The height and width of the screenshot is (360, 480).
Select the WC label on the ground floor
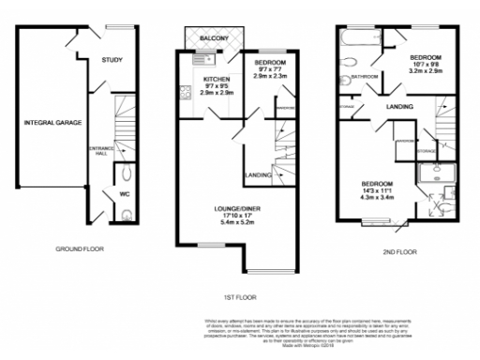pos(123,195)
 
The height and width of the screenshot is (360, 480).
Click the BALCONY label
pos(217,37)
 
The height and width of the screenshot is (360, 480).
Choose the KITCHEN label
pos(217,80)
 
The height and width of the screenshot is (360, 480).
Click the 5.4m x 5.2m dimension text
pos(229,222)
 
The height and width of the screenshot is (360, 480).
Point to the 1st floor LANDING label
pos(258,174)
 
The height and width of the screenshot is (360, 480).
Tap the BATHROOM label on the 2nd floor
pos(364,77)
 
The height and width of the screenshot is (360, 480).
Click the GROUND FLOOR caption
pos(79,249)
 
